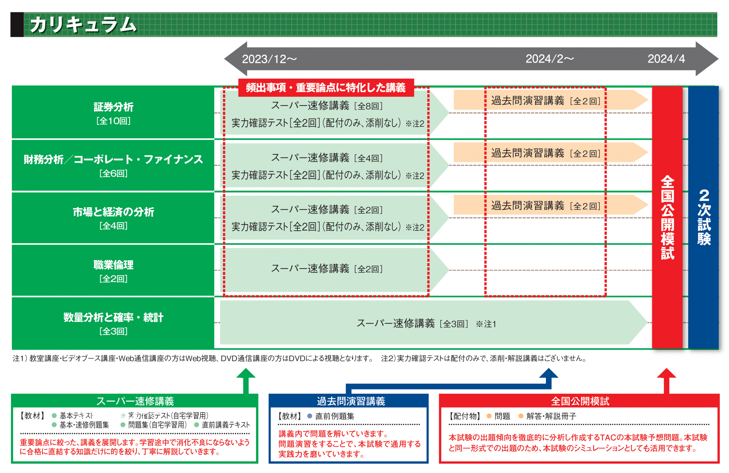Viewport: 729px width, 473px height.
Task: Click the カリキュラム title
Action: click(83, 25)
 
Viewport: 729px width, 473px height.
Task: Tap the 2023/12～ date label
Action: click(269, 59)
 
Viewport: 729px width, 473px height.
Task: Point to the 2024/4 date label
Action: click(666, 59)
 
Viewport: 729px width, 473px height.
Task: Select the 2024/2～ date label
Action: click(550, 59)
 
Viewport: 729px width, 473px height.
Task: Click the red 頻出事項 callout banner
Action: click(326, 87)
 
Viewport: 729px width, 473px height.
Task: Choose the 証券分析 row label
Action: click(113, 107)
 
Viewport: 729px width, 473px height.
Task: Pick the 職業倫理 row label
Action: click(113, 265)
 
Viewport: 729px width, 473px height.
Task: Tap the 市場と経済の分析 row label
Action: click(113, 212)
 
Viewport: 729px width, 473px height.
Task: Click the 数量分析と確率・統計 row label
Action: click(113, 317)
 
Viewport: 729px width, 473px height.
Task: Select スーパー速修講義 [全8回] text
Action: click(327, 106)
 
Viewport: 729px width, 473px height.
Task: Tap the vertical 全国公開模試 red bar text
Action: click(667, 217)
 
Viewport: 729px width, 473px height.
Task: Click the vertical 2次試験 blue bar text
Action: click(704, 217)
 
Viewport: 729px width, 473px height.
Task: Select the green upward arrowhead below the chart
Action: click(246, 373)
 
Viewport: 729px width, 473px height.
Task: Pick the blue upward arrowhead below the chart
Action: click(549, 373)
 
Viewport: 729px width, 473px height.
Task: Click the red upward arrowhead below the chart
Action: click(666, 373)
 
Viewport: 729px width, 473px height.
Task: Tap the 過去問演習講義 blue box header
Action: click(351, 401)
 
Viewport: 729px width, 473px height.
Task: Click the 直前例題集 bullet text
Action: click(334, 416)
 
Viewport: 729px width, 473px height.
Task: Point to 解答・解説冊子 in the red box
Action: click(551, 416)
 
